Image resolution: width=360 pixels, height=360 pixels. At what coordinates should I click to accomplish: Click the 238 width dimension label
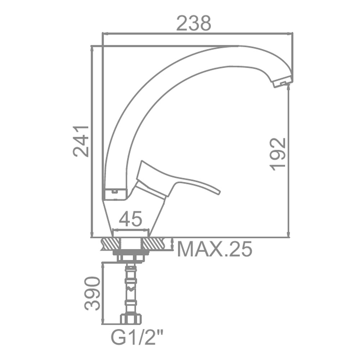tap(194, 23)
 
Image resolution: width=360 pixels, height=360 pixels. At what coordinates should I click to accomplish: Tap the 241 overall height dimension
tap(81, 141)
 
